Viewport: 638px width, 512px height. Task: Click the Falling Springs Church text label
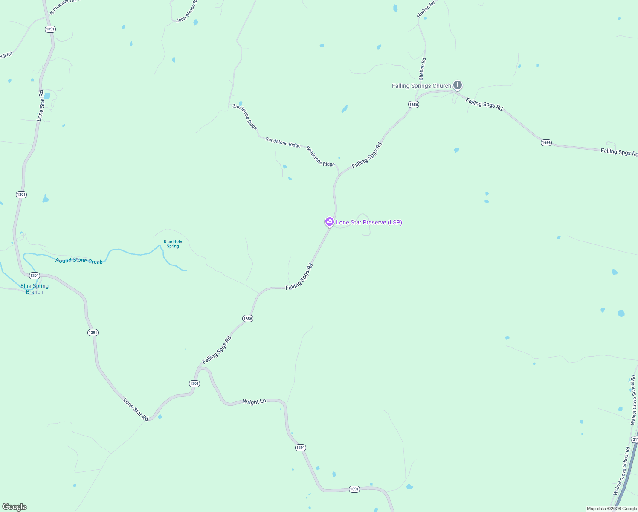pos(421,86)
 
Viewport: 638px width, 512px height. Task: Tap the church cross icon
pos(457,85)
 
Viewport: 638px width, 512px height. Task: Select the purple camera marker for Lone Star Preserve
pos(329,222)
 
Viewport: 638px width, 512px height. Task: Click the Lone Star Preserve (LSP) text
pos(369,222)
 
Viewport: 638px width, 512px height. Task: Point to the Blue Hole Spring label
pos(173,244)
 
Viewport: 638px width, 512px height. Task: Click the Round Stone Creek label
pos(79,261)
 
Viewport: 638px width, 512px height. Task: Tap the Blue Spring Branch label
pos(35,289)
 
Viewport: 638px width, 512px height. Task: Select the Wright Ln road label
pos(254,401)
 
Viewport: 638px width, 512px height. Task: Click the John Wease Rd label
pos(188,12)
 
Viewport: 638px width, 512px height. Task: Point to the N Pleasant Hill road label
pos(64,6)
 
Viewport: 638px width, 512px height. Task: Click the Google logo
pos(14,507)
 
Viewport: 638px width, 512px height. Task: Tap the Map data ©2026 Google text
pos(612,509)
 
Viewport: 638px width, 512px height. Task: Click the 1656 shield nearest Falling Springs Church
pos(413,105)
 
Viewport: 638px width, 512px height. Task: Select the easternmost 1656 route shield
pos(546,143)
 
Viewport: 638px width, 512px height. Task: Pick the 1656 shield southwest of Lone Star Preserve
pos(248,319)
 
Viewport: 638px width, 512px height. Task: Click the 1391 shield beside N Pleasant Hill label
pos(50,29)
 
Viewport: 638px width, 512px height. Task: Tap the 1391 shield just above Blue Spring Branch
pos(35,276)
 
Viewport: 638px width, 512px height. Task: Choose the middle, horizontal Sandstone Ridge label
pos(283,143)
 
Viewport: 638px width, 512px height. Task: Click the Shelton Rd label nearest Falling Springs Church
pos(422,69)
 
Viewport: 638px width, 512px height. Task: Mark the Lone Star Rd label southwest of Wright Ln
pos(136,410)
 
